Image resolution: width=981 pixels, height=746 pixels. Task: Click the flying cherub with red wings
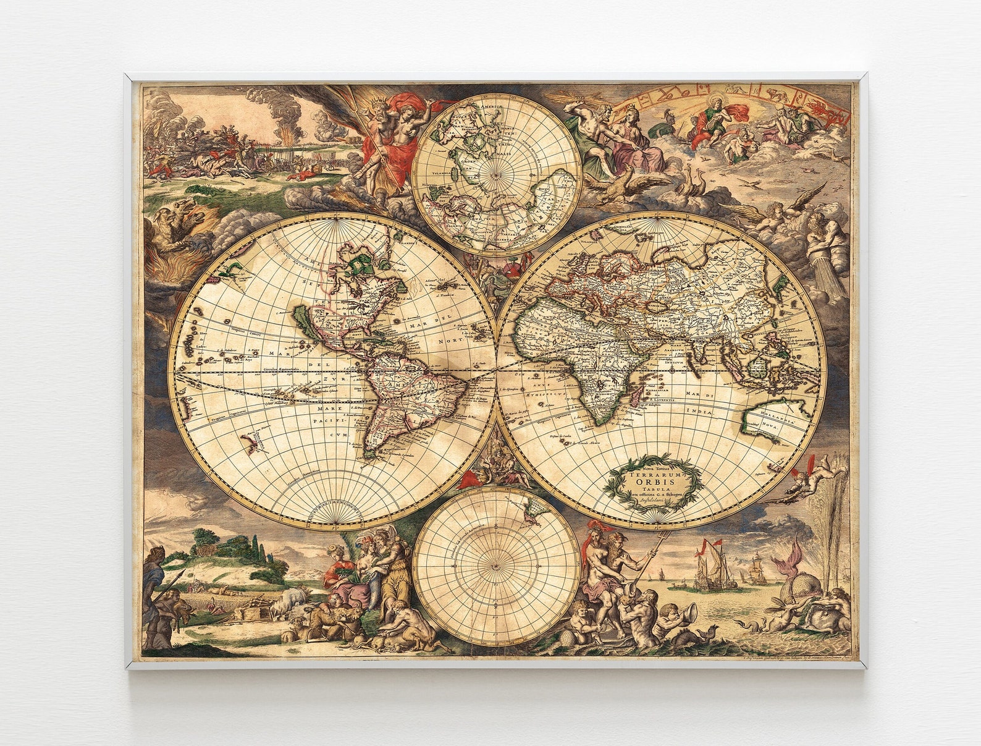(806, 479)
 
